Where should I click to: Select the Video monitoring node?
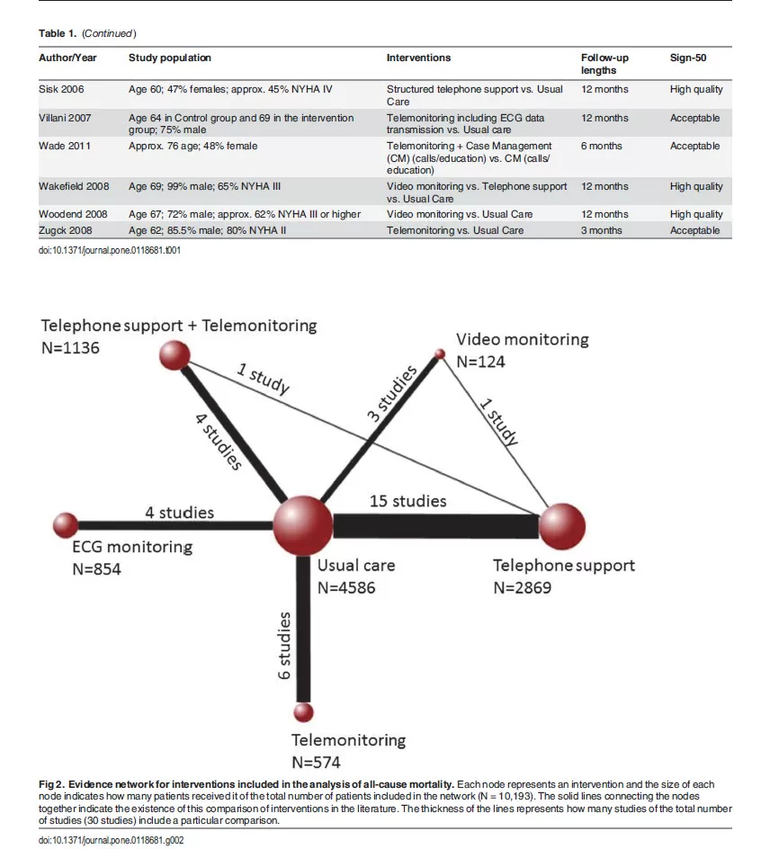(440, 354)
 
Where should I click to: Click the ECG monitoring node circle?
(66, 523)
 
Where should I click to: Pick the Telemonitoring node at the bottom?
(304, 712)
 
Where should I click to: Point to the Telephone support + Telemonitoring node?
(174, 356)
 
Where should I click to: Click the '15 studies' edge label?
(407, 501)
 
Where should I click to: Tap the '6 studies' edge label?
(285, 645)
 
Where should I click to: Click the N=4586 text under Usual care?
(346, 588)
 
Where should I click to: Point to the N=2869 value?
(522, 587)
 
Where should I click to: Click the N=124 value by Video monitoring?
(480, 362)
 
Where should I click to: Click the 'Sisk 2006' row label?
(62, 90)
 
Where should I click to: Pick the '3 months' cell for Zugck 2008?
(601, 230)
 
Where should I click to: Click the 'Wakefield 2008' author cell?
(74, 187)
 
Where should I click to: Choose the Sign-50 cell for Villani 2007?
(694, 118)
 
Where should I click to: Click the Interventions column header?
(418, 58)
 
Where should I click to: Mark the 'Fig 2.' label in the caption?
(50, 785)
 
